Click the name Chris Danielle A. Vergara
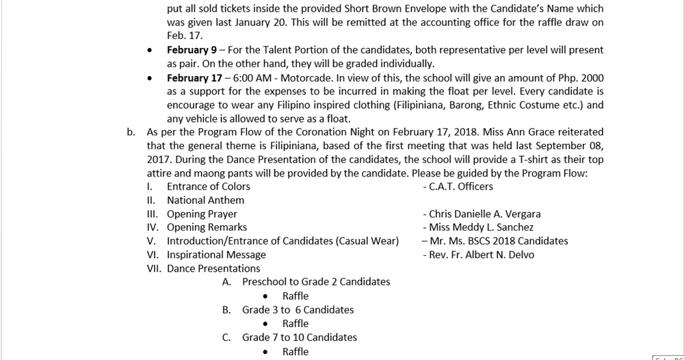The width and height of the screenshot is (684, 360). tap(484, 214)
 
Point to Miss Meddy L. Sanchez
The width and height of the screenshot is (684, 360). tap(481, 227)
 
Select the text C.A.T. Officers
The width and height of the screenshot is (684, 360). tap(460, 186)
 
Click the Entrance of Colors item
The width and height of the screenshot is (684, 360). tap(209, 186)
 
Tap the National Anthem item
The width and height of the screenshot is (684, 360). tap(205, 200)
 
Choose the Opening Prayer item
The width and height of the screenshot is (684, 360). tap(202, 214)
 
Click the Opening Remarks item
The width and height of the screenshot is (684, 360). tap(207, 227)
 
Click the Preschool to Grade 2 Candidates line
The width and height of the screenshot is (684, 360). tap(316, 281)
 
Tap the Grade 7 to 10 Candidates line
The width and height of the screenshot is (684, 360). tap(299, 337)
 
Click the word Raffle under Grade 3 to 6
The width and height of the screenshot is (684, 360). tap(295, 323)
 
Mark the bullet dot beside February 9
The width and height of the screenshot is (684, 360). tap(150, 51)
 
